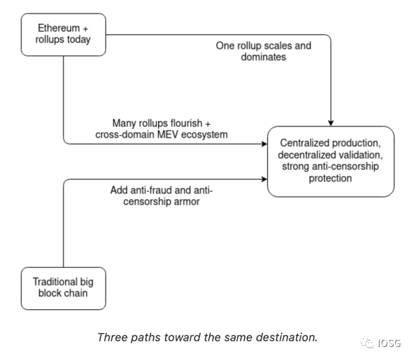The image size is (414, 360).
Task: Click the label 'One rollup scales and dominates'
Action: click(263, 51)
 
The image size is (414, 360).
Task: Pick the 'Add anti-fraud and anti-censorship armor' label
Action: click(164, 196)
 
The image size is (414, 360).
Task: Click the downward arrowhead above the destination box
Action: click(331, 122)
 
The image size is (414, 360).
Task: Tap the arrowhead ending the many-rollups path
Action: click(264, 144)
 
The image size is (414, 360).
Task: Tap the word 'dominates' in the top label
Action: click(263, 57)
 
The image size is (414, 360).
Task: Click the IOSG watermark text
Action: click(389, 343)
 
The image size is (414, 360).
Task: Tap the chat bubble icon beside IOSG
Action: click(368, 343)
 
